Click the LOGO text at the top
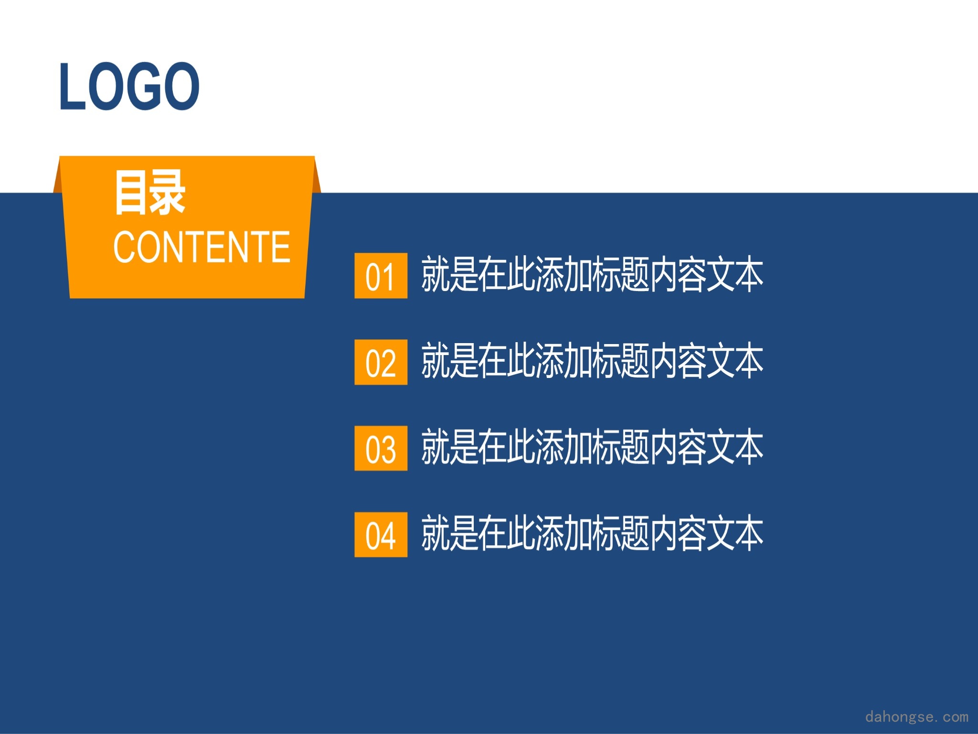click(x=129, y=86)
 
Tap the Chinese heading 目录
click(x=149, y=193)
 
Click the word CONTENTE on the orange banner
click(x=202, y=247)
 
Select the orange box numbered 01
click(x=381, y=276)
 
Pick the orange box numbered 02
click(x=381, y=362)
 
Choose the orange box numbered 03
click(x=381, y=448)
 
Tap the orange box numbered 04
click(x=381, y=535)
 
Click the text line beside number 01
click(x=592, y=274)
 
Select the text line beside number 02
click(x=592, y=361)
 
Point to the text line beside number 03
click(x=592, y=447)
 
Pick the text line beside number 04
click(x=592, y=533)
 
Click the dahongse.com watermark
click(x=917, y=717)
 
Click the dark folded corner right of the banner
click(x=317, y=178)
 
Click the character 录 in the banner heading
click(x=167, y=193)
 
